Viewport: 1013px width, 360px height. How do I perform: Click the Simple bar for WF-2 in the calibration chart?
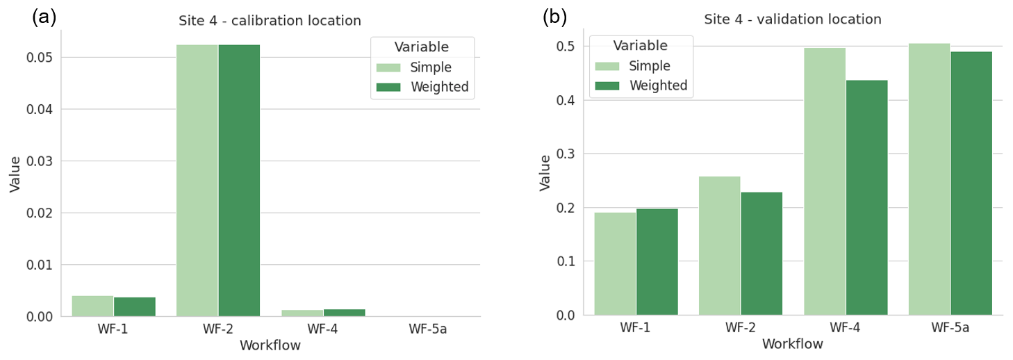coord(197,181)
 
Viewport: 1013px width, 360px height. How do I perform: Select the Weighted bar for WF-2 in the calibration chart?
coord(239,181)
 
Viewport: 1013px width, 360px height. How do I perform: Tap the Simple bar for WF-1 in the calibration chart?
coord(92,306)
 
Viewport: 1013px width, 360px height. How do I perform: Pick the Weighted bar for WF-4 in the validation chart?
coord(866,198)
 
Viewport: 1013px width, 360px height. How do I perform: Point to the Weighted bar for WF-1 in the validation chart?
coord(657,262)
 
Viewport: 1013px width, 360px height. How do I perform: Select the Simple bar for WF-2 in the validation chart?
coord(719,246)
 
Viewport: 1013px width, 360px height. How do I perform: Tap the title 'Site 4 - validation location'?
coord(793,19)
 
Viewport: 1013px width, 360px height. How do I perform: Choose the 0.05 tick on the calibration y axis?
coord(40,57)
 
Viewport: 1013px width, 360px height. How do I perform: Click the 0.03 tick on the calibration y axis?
coord(40,161)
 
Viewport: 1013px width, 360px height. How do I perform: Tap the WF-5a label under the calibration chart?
coord(427,329)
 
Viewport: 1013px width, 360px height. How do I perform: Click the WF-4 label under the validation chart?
coord(846,328)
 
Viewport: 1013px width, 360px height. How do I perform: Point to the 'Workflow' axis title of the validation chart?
coord(792,344)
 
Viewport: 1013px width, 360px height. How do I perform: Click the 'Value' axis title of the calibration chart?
coord(15,173)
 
